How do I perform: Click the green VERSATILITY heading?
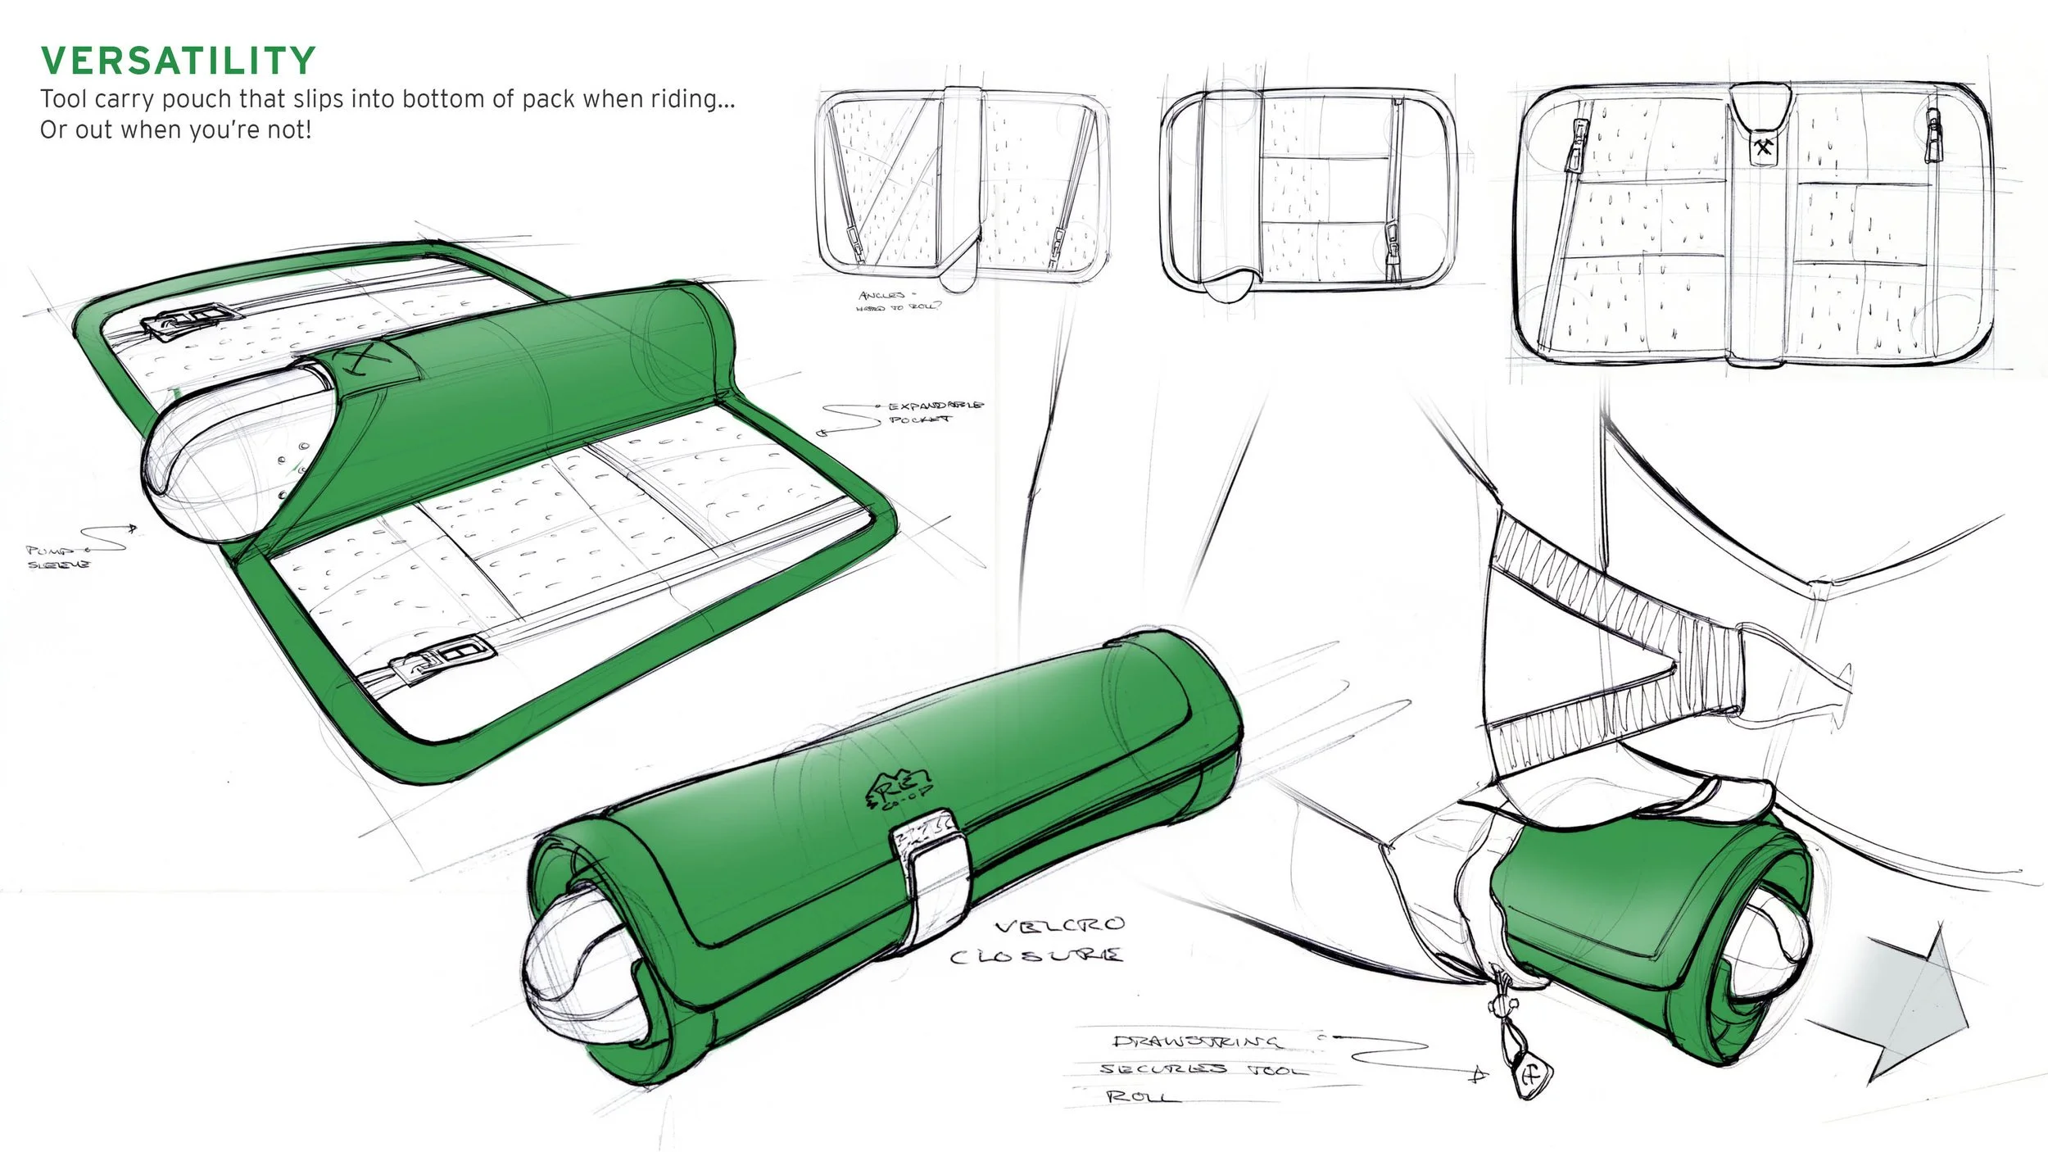click(178, 61)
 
